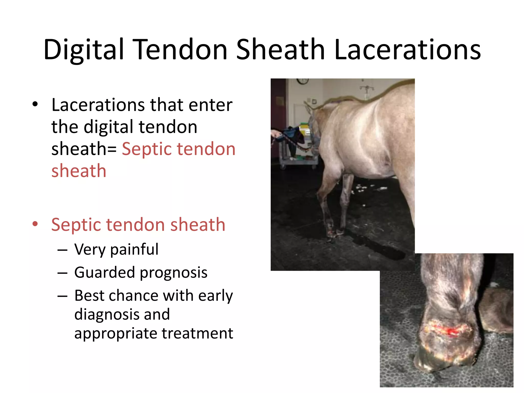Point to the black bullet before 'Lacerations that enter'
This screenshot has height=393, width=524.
35,104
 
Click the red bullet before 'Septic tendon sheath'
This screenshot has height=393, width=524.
35,224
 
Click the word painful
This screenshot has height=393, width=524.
134,249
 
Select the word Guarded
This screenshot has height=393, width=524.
104,272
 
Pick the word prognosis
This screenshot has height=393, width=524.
174,273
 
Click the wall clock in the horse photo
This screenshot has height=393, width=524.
303,81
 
